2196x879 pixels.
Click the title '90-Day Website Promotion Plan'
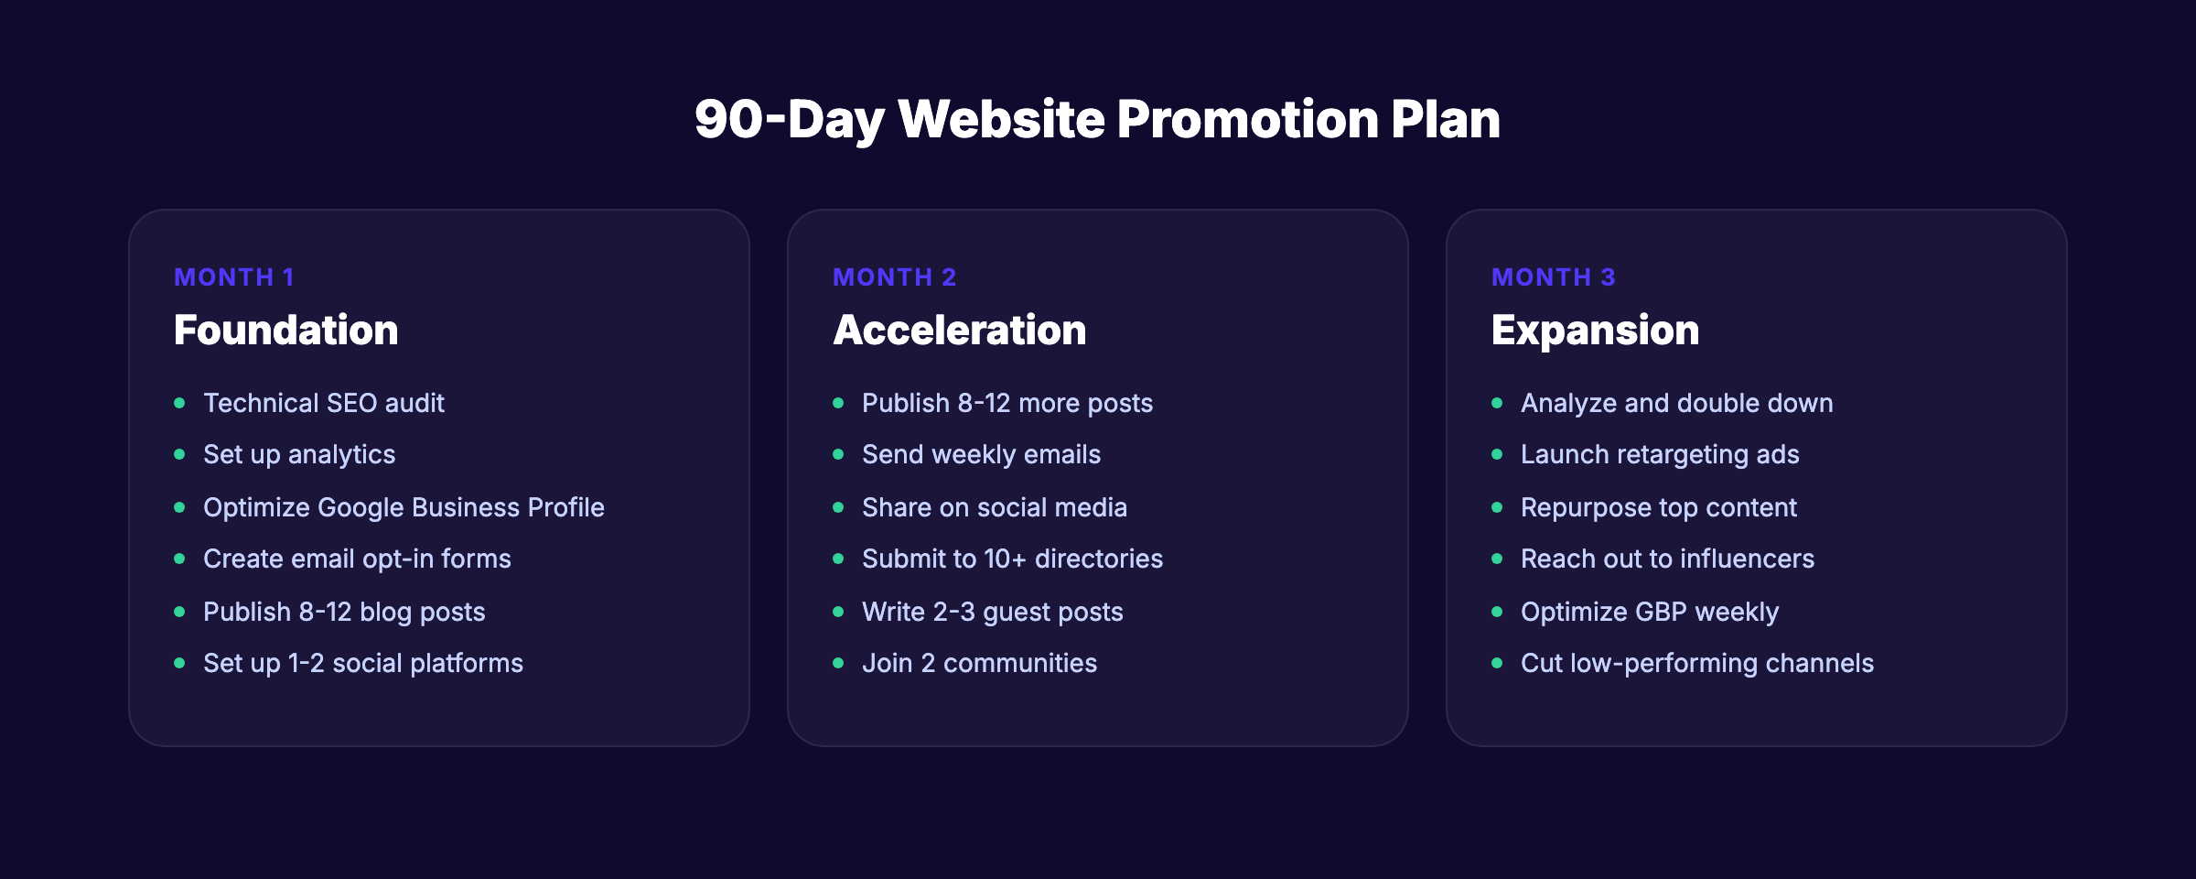click(1097, 120)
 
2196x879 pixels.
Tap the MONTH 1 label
click(234, 277)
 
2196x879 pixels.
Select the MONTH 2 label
click(894, 277)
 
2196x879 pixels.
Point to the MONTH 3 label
click(1553, 277)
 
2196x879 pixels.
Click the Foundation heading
click(285, 331)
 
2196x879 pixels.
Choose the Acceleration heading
click(959, 331)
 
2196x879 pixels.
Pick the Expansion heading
click(1595, 331)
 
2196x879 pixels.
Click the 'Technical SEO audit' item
click(323, 403)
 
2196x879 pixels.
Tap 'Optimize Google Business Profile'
click(404, 507)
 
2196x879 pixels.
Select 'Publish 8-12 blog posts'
click(344, 612)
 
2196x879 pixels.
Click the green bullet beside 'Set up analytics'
click(179, 455)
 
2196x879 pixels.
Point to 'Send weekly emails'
click(981, 455)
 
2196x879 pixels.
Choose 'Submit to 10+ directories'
click(1012, 559)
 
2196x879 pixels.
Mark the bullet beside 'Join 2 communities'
click(838, 664)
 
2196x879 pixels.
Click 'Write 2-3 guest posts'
click(992, 612)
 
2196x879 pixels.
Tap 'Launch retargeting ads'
click(1659, 455)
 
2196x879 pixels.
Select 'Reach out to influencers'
click(1667, 559)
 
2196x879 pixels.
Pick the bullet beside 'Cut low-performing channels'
click(1497, 664)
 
